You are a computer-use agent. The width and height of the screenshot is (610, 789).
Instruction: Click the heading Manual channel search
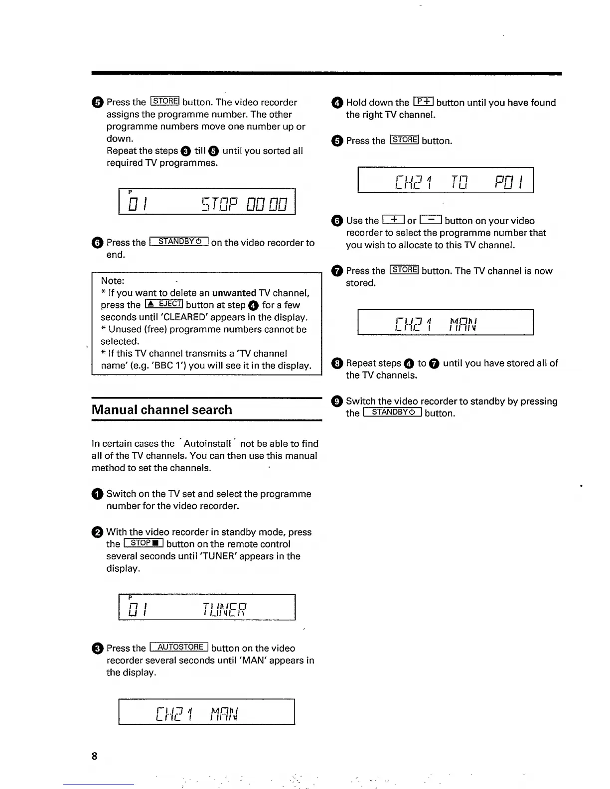(162, 410)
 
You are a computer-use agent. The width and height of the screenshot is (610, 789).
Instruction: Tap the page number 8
(95, 756)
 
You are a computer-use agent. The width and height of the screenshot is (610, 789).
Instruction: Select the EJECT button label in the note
(164, 304)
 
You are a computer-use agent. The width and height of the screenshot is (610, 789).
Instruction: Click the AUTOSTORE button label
(178, 647)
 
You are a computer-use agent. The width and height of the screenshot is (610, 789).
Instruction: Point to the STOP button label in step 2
(144, 543)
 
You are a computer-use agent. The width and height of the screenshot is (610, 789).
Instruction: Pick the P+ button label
(423, 102)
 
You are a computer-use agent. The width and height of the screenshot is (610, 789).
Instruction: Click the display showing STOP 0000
(207, 202)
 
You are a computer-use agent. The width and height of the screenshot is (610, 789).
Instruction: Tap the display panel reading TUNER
(207, 607)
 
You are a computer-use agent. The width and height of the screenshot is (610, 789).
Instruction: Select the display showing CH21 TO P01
(446, 180)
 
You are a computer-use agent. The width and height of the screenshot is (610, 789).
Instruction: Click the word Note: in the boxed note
(113, 281)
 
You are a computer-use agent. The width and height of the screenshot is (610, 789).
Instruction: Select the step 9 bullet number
(337, 401)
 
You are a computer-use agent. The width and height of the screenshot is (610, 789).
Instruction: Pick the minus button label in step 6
(431, 220)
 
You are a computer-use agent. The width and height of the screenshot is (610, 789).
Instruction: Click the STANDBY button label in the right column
(393, 412)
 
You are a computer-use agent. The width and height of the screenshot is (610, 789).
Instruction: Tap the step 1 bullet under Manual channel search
(97, 494)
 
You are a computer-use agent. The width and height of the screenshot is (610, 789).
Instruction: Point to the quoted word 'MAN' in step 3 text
(286, 660)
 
